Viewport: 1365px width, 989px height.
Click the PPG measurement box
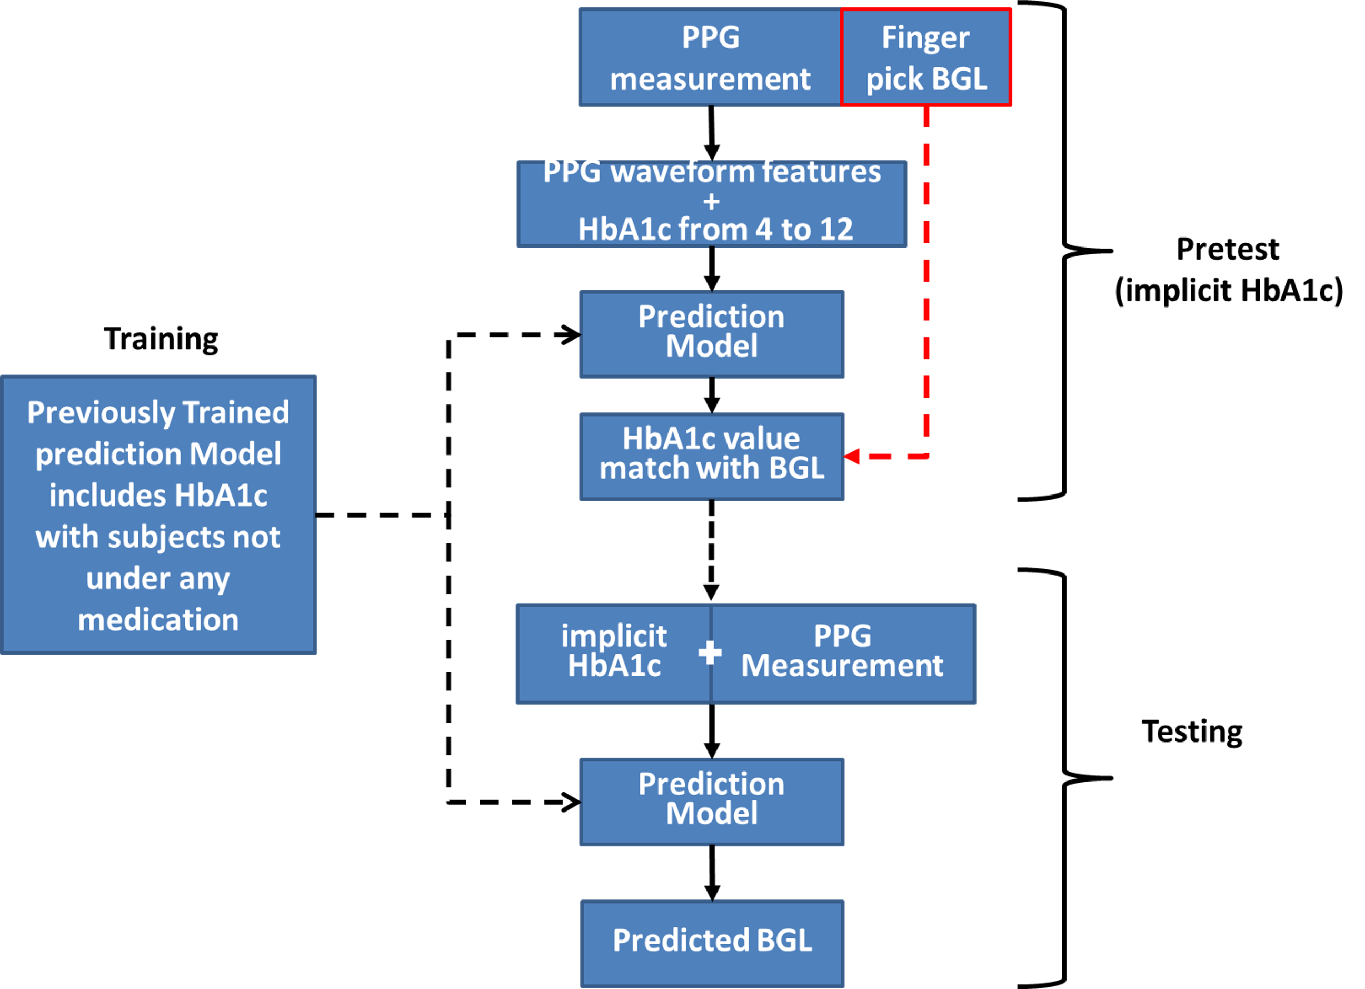[710, 58]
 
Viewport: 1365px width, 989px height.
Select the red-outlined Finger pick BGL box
[925, 58]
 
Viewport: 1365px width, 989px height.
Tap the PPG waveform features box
[711, 204]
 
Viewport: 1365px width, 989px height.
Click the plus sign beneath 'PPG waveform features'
[711, 202]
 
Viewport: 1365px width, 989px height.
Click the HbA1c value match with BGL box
[711, 456]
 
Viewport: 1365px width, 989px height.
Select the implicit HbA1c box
[614, 653]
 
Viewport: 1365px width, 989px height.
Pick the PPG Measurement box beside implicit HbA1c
[843, 653]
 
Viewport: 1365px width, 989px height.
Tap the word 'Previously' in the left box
[101, 413]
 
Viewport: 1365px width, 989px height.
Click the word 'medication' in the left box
[158, 620]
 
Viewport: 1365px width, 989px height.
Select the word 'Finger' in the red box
[925, 38]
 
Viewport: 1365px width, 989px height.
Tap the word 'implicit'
[614, 636]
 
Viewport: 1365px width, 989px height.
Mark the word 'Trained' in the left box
[235, 413]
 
